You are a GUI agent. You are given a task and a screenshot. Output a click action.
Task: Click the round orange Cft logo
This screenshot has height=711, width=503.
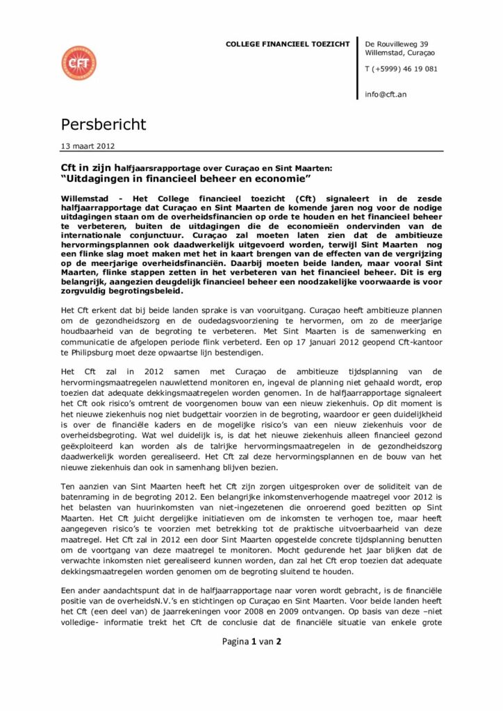click(x=79, y=63)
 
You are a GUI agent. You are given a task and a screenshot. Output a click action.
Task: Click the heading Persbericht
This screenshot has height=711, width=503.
click(x=104, y=125)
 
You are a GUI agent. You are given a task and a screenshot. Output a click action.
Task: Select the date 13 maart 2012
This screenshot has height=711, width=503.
click(x=88, y=146)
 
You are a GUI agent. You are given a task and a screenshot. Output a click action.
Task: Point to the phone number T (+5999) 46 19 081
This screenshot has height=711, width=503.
click(x=401, y=68)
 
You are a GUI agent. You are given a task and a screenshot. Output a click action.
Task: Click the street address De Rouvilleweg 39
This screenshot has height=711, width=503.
click(x=396, y=43)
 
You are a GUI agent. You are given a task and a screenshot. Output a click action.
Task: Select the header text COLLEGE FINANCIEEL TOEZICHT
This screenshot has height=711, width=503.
click(x=288, y=44)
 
